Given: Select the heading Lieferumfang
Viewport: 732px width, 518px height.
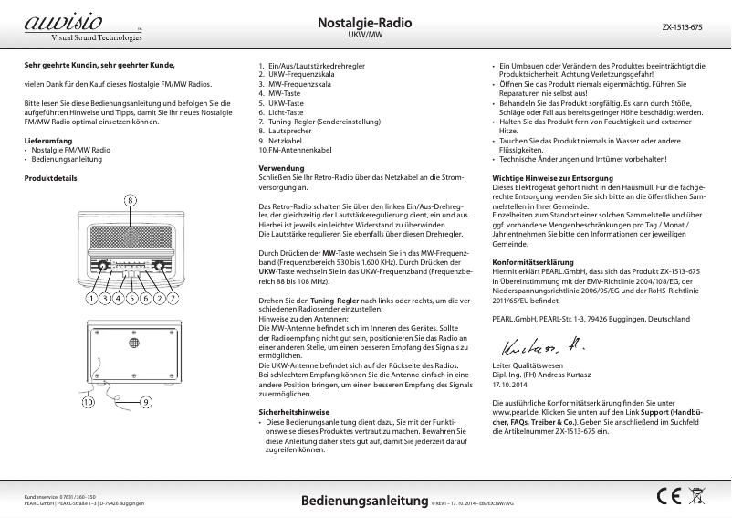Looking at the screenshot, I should coord(47,140).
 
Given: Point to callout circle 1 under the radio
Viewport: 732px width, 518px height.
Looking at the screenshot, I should coord(92,298).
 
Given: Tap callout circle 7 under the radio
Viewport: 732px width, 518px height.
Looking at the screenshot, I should coord(173,298).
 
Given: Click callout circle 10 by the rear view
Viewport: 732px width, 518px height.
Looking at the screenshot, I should coord(89,401).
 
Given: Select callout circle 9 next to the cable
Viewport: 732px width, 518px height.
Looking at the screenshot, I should coord(146,401).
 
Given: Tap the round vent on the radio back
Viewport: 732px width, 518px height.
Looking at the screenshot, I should coord(132,343).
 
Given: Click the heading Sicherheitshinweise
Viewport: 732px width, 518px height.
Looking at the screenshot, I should coord(294,412).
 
